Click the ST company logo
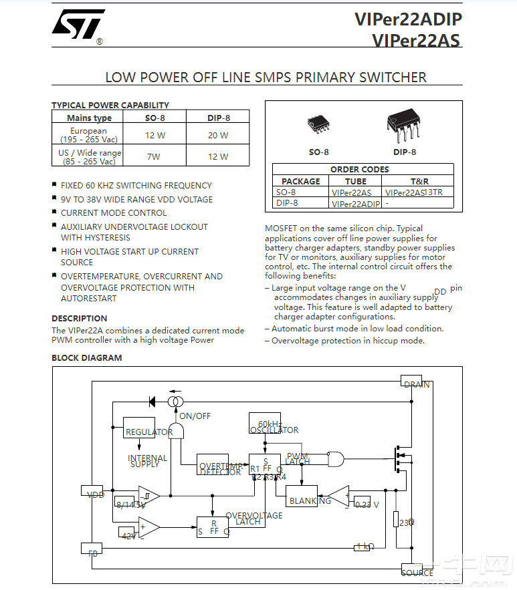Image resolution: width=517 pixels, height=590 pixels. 78,26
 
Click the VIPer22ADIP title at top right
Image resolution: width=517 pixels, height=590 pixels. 407,19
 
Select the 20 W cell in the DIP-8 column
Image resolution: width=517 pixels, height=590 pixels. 217,135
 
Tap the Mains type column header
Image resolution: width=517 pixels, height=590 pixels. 89,118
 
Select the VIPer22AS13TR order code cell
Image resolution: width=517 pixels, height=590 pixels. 414,192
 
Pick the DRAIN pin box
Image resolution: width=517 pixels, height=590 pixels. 411,381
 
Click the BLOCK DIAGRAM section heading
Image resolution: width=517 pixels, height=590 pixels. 87,358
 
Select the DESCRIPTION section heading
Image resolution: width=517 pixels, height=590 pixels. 80,319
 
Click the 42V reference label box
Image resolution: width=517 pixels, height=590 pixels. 128,533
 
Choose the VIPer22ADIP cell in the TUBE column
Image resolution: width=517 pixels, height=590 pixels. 355,204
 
